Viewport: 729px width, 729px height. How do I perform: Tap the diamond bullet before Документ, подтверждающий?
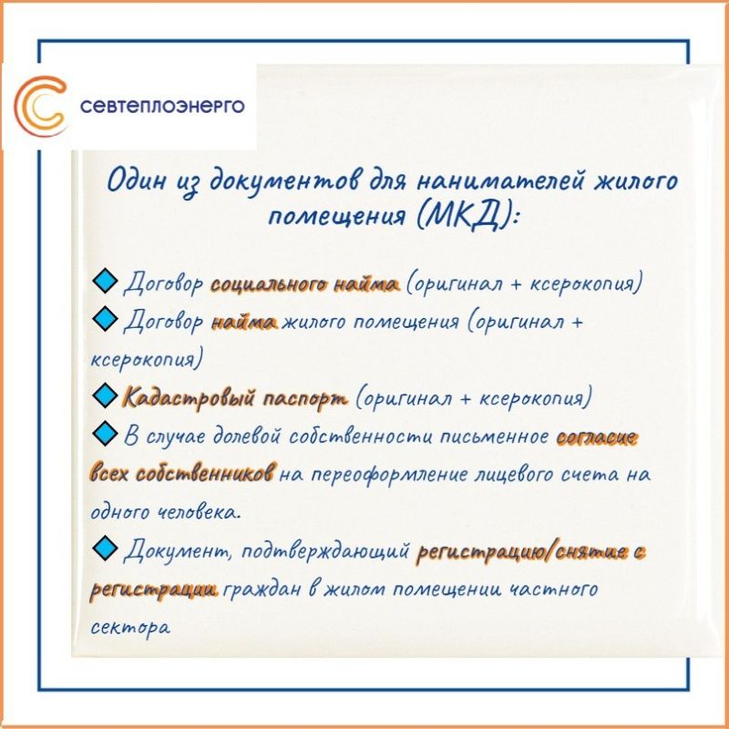[x=105, y=547]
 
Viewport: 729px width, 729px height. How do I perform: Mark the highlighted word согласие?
[x=596, y=437]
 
